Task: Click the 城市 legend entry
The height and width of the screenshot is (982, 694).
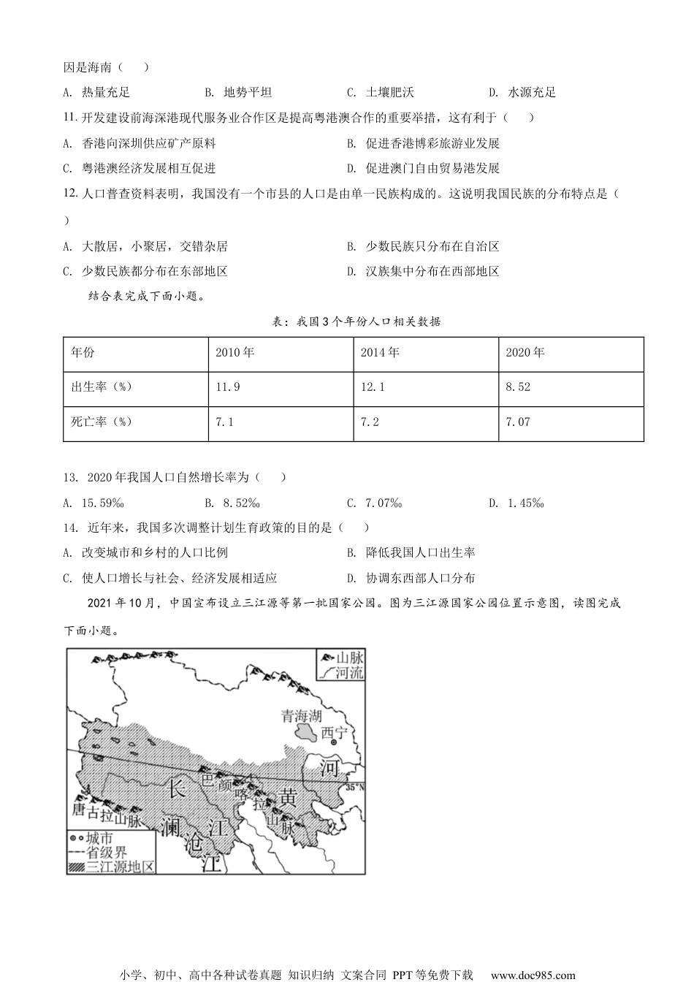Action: (99, 837)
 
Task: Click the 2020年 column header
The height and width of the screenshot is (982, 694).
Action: (525, 352)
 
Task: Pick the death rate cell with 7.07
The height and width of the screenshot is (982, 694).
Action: (519, 422)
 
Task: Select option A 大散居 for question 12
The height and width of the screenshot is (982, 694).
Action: (146, 247)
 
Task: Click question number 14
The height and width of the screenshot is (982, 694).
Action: (70, 528)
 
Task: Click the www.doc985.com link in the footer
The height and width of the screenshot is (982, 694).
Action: (533, 975)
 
